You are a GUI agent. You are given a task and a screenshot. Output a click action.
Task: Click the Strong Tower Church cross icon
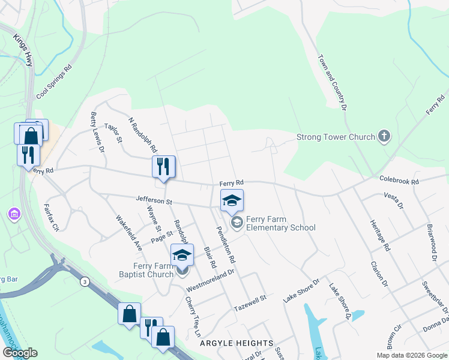tap(384, 137)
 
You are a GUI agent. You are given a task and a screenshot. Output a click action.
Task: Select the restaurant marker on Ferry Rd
tap(163, 167)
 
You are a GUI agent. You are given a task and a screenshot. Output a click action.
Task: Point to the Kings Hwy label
tap(23, 50)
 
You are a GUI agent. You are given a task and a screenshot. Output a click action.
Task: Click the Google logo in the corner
tap(20, 353)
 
